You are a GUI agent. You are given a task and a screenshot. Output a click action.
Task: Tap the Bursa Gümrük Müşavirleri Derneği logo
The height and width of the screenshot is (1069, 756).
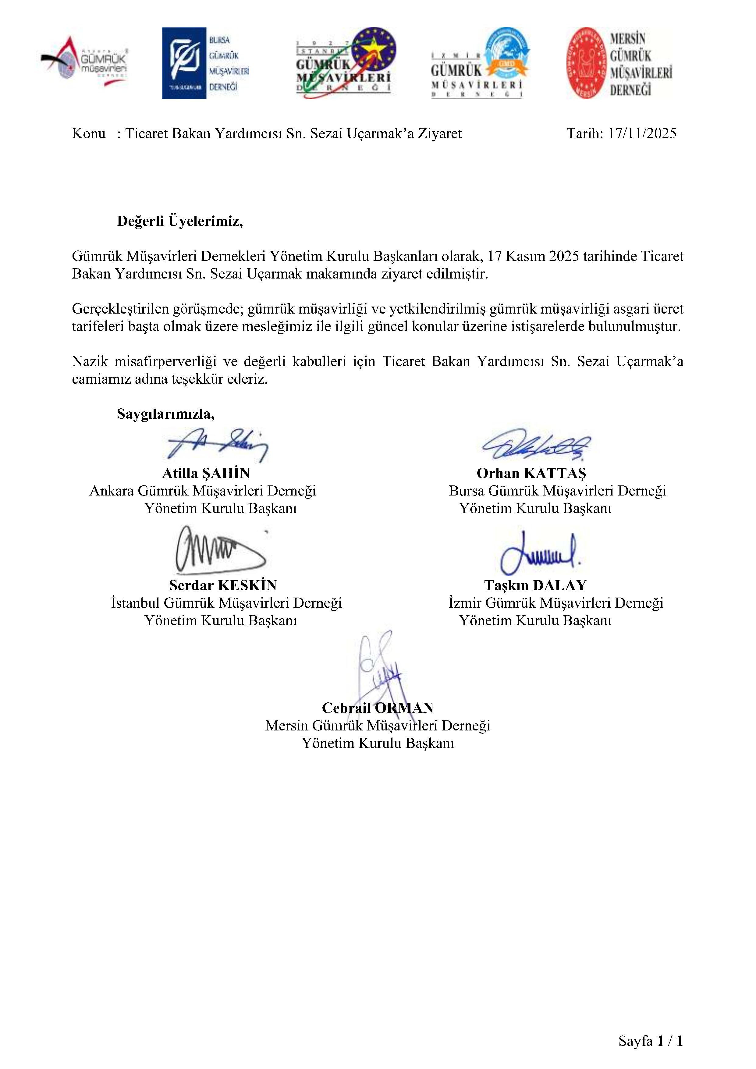[x=205, y=63]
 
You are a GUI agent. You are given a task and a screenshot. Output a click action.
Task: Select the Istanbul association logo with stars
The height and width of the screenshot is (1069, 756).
[x=346, y=62]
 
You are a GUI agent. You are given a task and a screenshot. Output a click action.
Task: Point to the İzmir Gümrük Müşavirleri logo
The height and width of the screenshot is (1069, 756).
[x=480, y=63]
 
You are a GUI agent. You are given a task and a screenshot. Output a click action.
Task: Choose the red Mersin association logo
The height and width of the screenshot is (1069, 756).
[x=619, y=63]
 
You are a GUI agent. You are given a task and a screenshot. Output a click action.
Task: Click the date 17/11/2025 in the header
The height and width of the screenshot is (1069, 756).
[x=642, y=133]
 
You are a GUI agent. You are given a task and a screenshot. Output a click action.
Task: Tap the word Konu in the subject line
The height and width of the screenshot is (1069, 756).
[x=88, y=133]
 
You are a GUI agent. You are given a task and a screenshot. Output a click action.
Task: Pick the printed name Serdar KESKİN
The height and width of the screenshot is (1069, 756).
[x=223, y=585]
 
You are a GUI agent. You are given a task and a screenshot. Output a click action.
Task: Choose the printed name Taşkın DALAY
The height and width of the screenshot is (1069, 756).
[x=535, y=585]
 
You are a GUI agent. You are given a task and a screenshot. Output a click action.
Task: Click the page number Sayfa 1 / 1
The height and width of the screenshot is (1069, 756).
[x=650, y=1041]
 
